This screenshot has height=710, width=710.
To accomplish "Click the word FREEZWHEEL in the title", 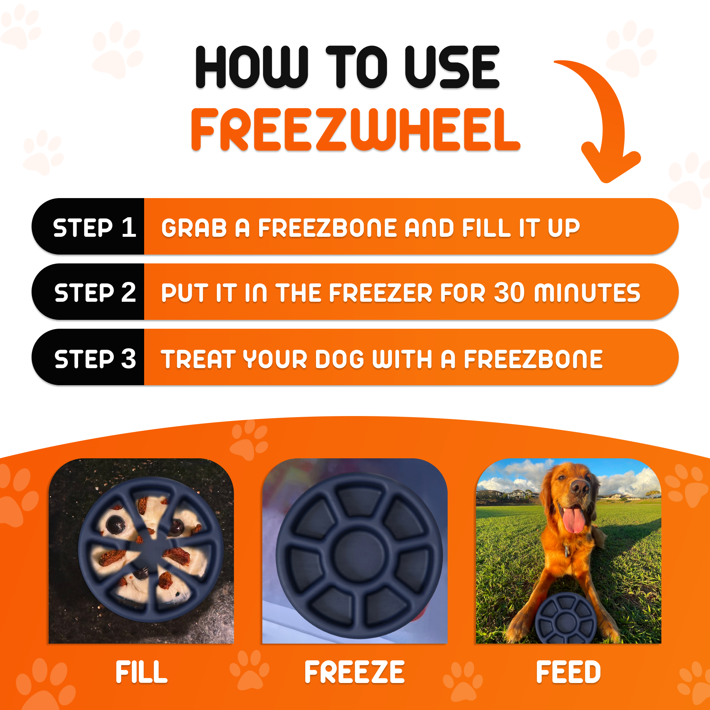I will click(x=355, y=129).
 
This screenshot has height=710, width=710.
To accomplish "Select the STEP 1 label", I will click(x=94, y=228).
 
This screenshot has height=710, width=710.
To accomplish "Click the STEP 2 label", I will click(x=95, y=293).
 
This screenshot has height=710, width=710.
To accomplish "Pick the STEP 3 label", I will click(x=95, y=359).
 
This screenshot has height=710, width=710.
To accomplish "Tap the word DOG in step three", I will click(x=340, y=359).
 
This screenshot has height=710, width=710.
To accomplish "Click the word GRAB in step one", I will click(x=194, y=228).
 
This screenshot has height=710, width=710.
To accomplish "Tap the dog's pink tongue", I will click(x=574, y=520).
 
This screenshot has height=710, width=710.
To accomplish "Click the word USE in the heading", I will click(x=452, y=67).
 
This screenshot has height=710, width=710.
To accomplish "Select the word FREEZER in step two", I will click(x=381, y=293).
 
